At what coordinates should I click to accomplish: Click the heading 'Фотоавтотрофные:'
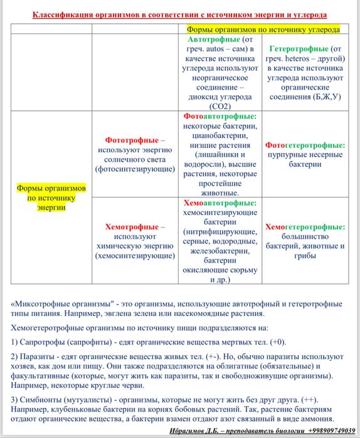point(220,117)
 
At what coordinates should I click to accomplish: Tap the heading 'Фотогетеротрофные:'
point(305,145)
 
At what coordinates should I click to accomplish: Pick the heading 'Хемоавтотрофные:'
point(220,203)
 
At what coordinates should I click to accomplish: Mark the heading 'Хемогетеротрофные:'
point(305,227)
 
